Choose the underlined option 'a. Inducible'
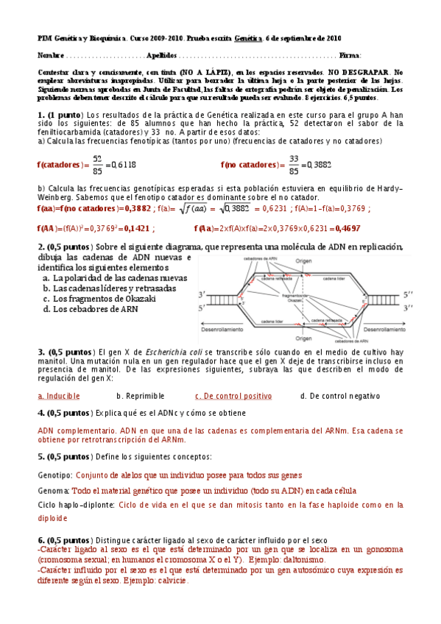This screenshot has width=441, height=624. [x=59, y=396]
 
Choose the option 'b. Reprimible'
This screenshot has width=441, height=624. [x=140, y=396]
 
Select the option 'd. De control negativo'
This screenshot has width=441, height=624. [x=340, y=396]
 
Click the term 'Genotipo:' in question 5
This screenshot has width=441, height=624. [x=54, y=475]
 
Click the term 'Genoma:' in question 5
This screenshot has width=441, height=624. [x=54, y=490]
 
